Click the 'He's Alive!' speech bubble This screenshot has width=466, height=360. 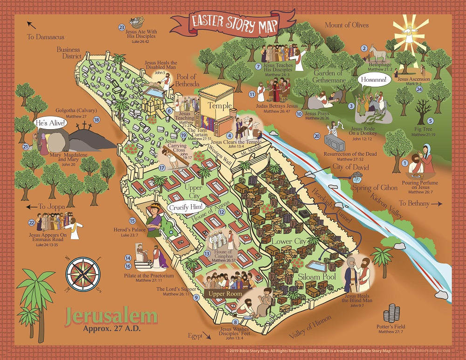pyautogui.click(x=50, y=124)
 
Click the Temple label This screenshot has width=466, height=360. pyautogui.click(x=220, y=106)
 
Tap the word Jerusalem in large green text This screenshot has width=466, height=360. pyautogui.click(x=111, y=316)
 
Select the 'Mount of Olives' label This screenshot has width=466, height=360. pyautogui.click(x=346, y=25)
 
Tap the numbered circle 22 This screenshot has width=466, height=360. pyautogui.click(x=32, y=222)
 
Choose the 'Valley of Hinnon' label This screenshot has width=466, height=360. pyautogui.click(x=310, y=327)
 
